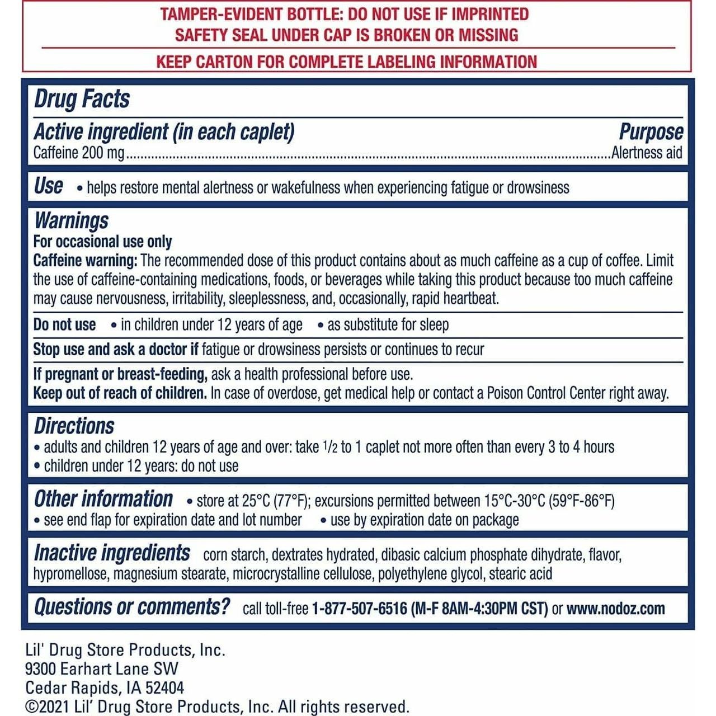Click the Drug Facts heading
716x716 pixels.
pos(82,99)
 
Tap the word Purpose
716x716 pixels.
pos(651,132)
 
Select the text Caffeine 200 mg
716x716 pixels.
pos(78,153)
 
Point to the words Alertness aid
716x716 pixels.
pos(647,153)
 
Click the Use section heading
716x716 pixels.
pos(49,186)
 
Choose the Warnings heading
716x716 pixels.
pos(71,220)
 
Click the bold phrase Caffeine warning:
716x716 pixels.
pos(85,261)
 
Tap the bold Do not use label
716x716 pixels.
pos(64,325)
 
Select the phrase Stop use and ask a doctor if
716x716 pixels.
pos(115,350)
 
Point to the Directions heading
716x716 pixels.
pos(74,426)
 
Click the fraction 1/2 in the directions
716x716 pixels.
pos(330,447)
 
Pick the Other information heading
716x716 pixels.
pos(103,499)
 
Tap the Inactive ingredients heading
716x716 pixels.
pos(112,553)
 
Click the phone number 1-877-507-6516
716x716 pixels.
pos(359,609)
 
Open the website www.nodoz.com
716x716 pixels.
pos(615,609)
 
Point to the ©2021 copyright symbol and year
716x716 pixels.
pos(48,707)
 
